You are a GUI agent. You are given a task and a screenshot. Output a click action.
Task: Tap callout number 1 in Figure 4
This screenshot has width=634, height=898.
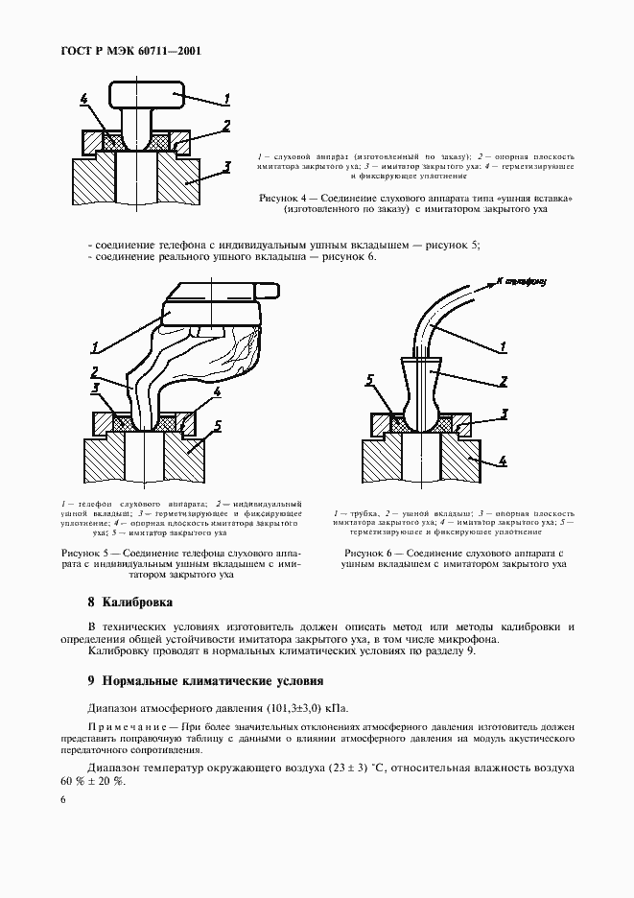[x=227, y=98]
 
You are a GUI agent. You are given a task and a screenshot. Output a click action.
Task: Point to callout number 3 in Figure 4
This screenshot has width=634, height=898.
[x=226, y=167]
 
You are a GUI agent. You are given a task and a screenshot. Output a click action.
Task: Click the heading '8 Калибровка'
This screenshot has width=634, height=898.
[x=129, y=603]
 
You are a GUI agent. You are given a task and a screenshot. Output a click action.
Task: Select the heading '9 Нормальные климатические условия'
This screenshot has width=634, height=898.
[x=205, y=681]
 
